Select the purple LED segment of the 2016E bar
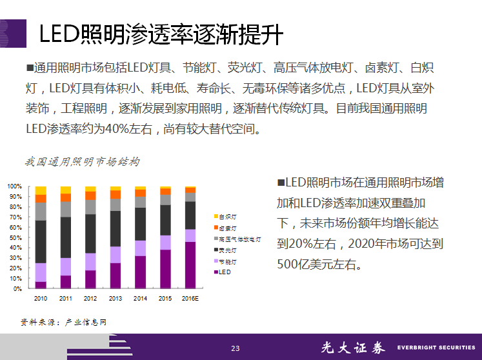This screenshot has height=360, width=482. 190,265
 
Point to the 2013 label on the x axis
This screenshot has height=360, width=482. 115,299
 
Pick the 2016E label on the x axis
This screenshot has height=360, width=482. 190,299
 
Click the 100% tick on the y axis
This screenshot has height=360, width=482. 14,186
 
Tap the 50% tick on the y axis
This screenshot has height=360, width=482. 15,237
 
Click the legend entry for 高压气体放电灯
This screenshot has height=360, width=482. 239,239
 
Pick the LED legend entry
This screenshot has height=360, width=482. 223,272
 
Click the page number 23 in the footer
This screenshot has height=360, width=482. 236,349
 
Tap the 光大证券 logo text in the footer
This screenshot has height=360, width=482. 353,348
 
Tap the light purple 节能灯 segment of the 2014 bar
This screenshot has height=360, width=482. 140,248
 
